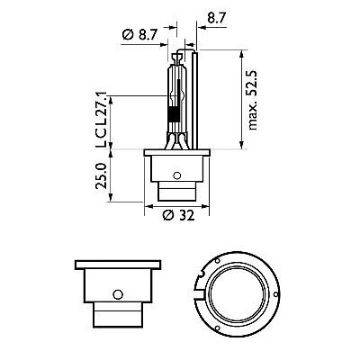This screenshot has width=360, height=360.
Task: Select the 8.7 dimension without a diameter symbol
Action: tap(217, 16)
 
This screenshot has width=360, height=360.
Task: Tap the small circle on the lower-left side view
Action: tap(117, 293)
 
